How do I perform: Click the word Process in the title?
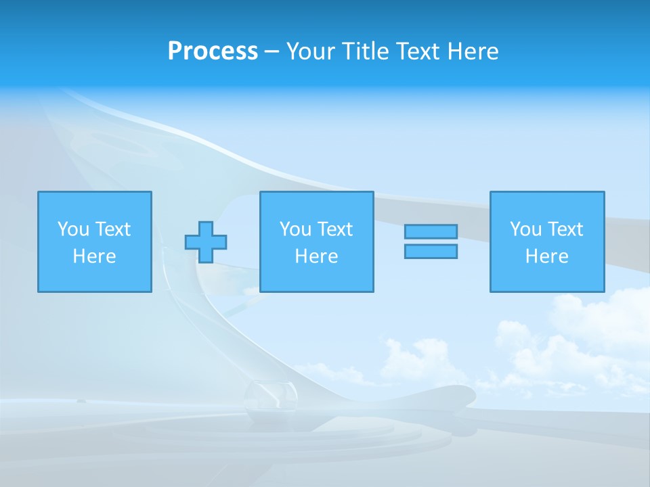[x=213, y=51]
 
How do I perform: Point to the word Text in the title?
[x=419, y=51]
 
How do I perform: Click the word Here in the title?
[x=473, y=51]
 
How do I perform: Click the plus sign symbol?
[x=206, y=242]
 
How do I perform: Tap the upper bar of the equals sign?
[x=431, y=231]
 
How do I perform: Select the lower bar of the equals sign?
[x=431, y=252]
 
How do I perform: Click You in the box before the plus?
[x=73, y=229]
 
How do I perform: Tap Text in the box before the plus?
[x=112, y=229]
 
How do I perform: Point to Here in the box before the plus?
[x=95, y=256]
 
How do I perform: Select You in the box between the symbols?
[x=295, y=229]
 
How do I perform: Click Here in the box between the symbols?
[x=316, y=256]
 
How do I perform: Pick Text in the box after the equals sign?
[x=564, y=229]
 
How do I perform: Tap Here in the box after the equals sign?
[x=547, y=256]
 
